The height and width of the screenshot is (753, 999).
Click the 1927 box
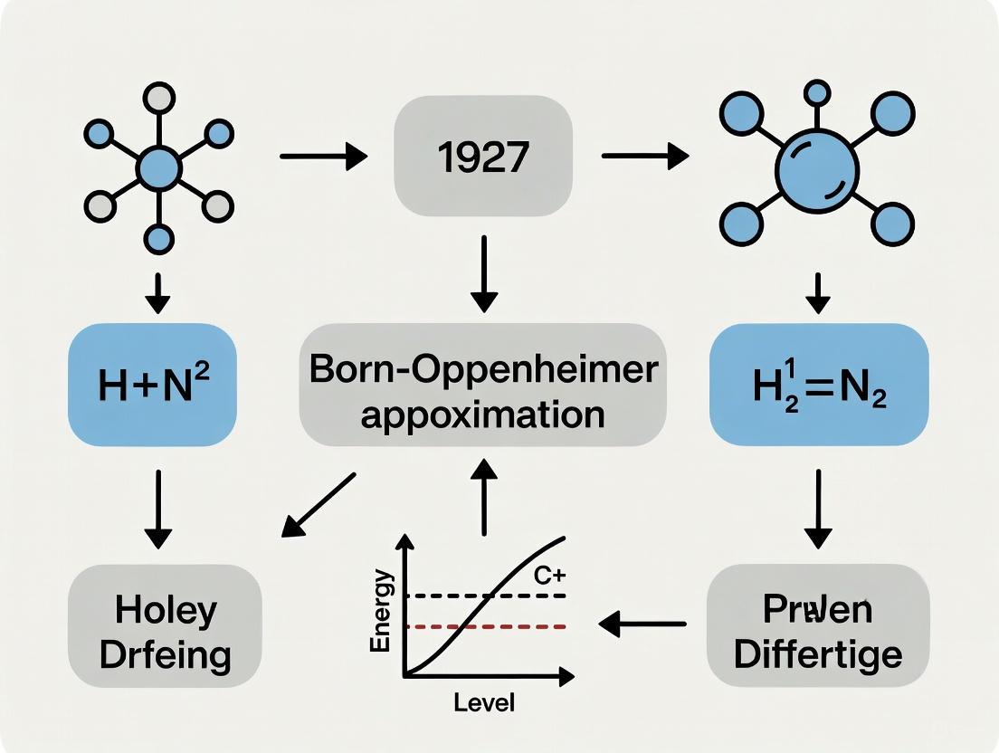pos(483,157)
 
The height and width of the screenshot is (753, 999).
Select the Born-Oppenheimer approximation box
pos(482,385)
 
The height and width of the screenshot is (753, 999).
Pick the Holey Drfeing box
pos(165,631)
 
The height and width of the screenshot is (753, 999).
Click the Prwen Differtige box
pos(817,631)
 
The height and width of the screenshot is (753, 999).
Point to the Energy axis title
pos(384,611)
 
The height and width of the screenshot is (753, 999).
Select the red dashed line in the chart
pos(489,626)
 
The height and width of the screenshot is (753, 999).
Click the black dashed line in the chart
pos(489,596)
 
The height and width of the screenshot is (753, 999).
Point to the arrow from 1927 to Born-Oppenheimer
pos(485,269)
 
